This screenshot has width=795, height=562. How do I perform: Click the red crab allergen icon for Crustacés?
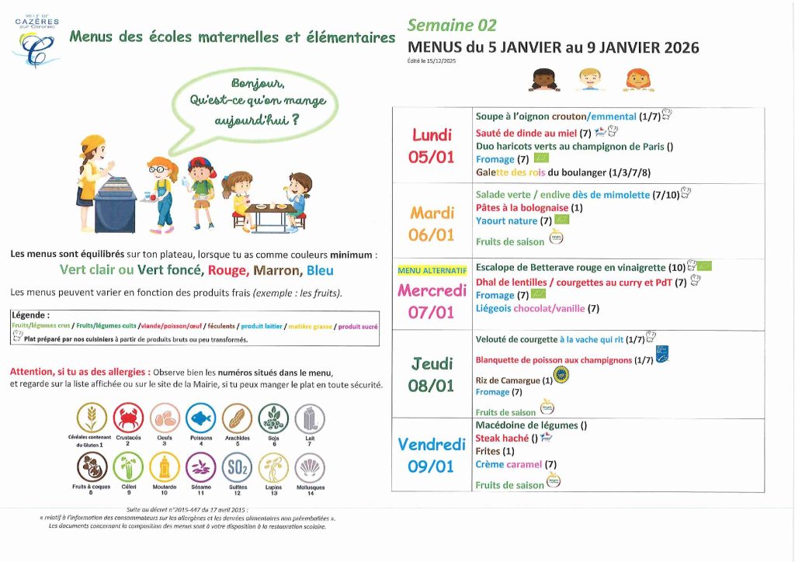pyautogui.click(x=128, y=418)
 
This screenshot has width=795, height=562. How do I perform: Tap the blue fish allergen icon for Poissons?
pyautogui.click(x=200, y=418)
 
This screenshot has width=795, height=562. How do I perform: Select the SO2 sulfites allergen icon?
pyautogui.click(x=237, y=467)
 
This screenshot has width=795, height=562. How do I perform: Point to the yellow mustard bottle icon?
pyautogui.click(x=164, y=467)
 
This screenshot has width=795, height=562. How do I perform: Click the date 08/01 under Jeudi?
pyautogui.click(x=432, y=386)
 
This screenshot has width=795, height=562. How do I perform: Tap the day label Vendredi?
pyautogui.click(x=432, y=445)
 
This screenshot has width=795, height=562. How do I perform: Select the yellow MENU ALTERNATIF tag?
pyautogui.click(x=432, y=271)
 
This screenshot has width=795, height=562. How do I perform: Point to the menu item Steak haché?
pyautogui.click(x=502, y=438)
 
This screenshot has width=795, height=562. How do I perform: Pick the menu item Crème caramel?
pyautogui.click(x=509, y=464)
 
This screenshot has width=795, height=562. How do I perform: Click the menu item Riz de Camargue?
pyautogui.click(x=508, y=380)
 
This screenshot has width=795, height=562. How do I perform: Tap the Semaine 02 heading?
pyautogui.click(x=452, y=26)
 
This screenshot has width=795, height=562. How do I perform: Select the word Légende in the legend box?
pyautogui.click(x=31, y=315)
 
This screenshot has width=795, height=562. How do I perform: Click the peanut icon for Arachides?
pyautogui.click(x=237, y=418)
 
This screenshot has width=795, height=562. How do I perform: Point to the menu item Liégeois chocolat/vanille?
pyautogui.click(x=531, y=308)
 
